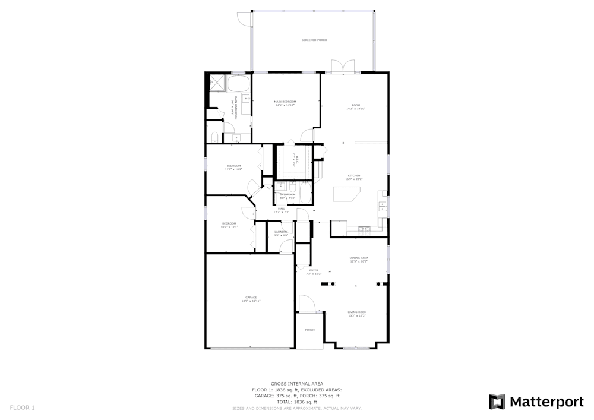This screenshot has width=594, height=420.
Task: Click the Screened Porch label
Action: pos(314,40)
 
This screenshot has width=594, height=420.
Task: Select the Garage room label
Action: pos(251,299)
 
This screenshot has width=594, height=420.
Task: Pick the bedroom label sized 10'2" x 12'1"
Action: pos(229,225)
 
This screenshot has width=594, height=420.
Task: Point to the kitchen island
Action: pos(346,194)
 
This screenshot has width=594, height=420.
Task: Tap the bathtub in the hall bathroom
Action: pos(305,193)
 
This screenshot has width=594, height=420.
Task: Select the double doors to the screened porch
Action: pos(343,66)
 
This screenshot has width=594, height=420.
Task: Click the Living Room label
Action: pos(357,313)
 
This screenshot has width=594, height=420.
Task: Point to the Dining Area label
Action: pos(359,259)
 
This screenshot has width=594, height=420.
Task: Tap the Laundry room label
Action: pos(281,233)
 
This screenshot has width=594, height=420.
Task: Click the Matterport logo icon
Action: pos(497,402)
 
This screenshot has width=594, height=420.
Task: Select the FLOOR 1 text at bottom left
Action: pos(22,408)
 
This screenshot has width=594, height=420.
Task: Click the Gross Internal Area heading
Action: pos(296,384)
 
